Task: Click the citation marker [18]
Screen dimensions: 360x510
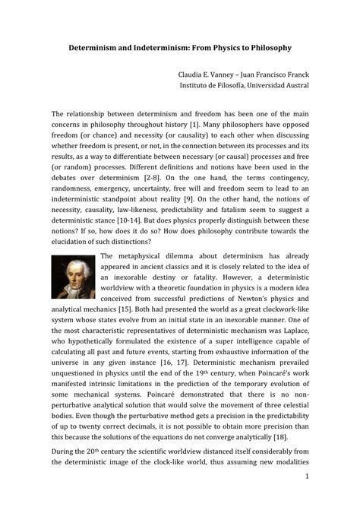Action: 279,439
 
